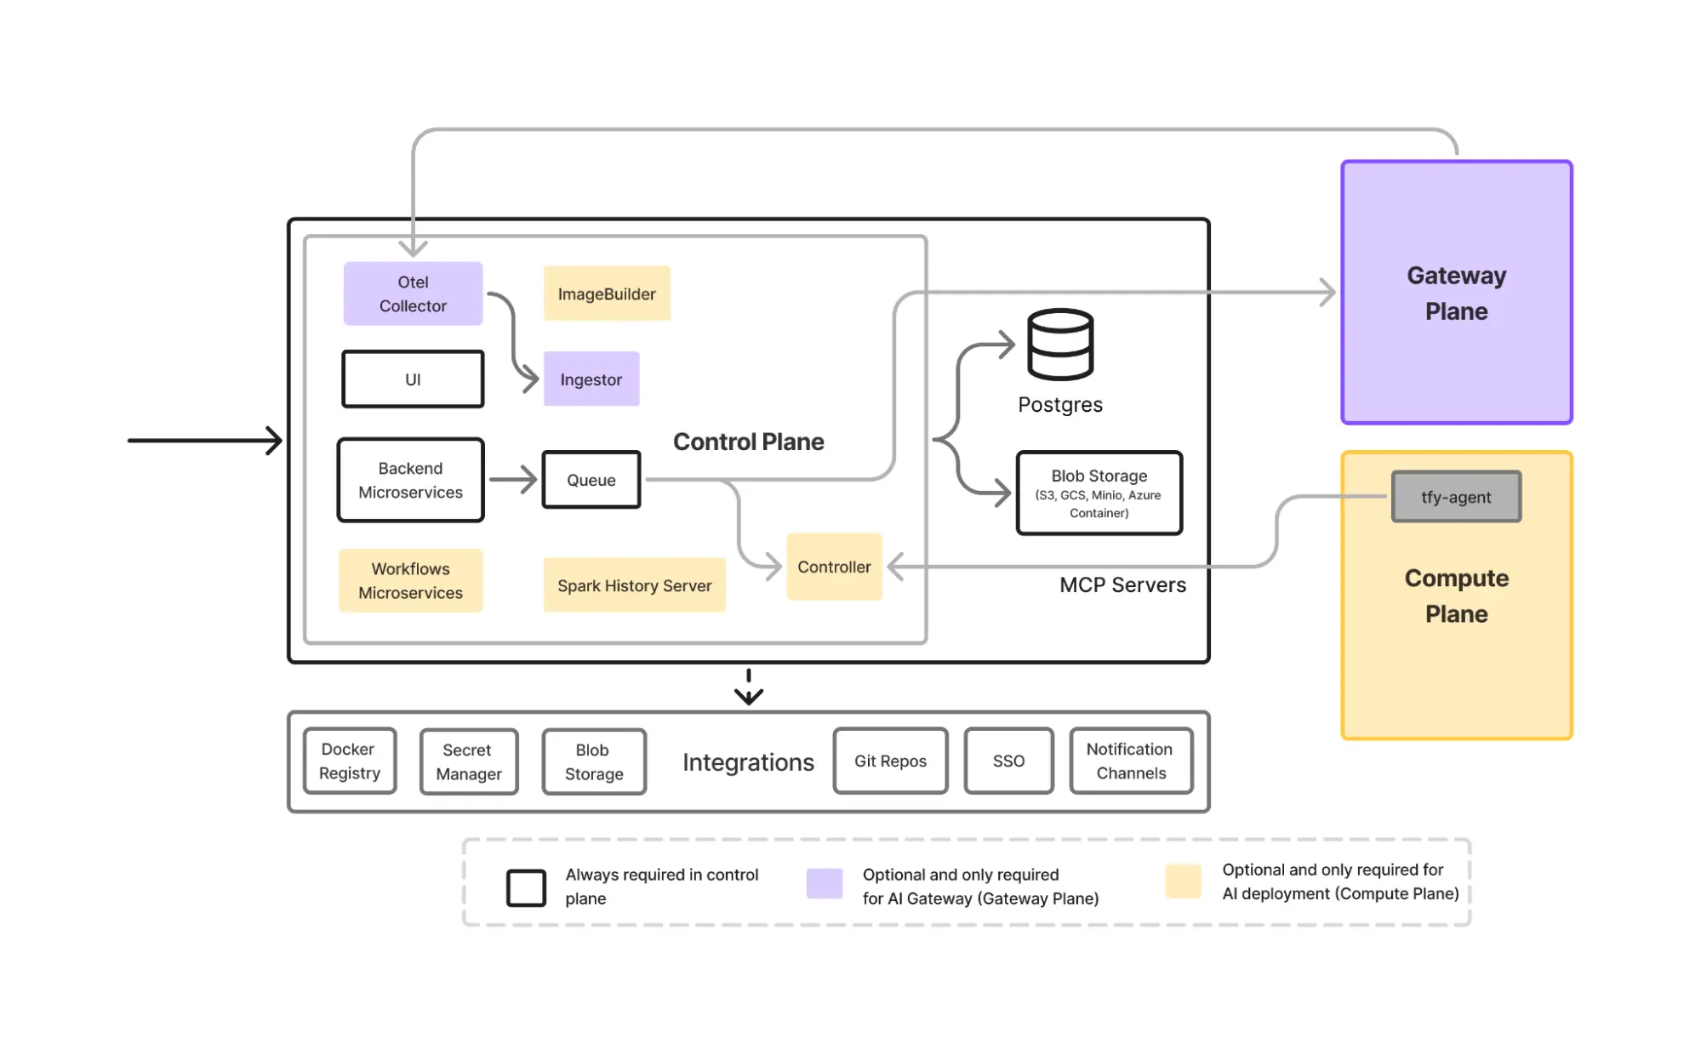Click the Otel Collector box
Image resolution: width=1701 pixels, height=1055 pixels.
point(413,294)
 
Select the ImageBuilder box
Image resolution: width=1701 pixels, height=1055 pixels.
point(607,294)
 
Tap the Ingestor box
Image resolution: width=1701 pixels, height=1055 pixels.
point(591,379)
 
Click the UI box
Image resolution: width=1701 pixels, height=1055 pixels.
point(413,379)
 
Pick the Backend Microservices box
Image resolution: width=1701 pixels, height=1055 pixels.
point(411,480)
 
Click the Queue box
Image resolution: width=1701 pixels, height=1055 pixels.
point(591,480)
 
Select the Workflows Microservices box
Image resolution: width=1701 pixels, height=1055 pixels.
point(411,580)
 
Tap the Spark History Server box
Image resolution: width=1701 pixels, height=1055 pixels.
point(635,585)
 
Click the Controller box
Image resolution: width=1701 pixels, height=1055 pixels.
point(834,567)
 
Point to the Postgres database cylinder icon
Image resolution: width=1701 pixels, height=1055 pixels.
point(1060,344)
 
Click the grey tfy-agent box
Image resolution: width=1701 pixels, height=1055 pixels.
point(1456,497)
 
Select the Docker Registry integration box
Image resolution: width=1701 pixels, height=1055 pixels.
point(350,761)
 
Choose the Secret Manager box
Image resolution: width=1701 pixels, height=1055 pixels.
point(469,761)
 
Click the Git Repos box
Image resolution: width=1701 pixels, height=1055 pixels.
point(890,761)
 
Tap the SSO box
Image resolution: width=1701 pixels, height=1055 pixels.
point(1008,761)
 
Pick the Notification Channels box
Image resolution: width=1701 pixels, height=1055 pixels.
point(1130,761)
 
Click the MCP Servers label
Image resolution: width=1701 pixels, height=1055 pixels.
point(1122,585)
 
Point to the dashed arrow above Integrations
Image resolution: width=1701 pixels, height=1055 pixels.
point(749,687)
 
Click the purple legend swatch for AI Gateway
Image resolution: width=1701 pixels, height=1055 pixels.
point(825,883)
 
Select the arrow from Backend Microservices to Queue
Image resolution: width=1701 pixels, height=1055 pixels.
point(513,480)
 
